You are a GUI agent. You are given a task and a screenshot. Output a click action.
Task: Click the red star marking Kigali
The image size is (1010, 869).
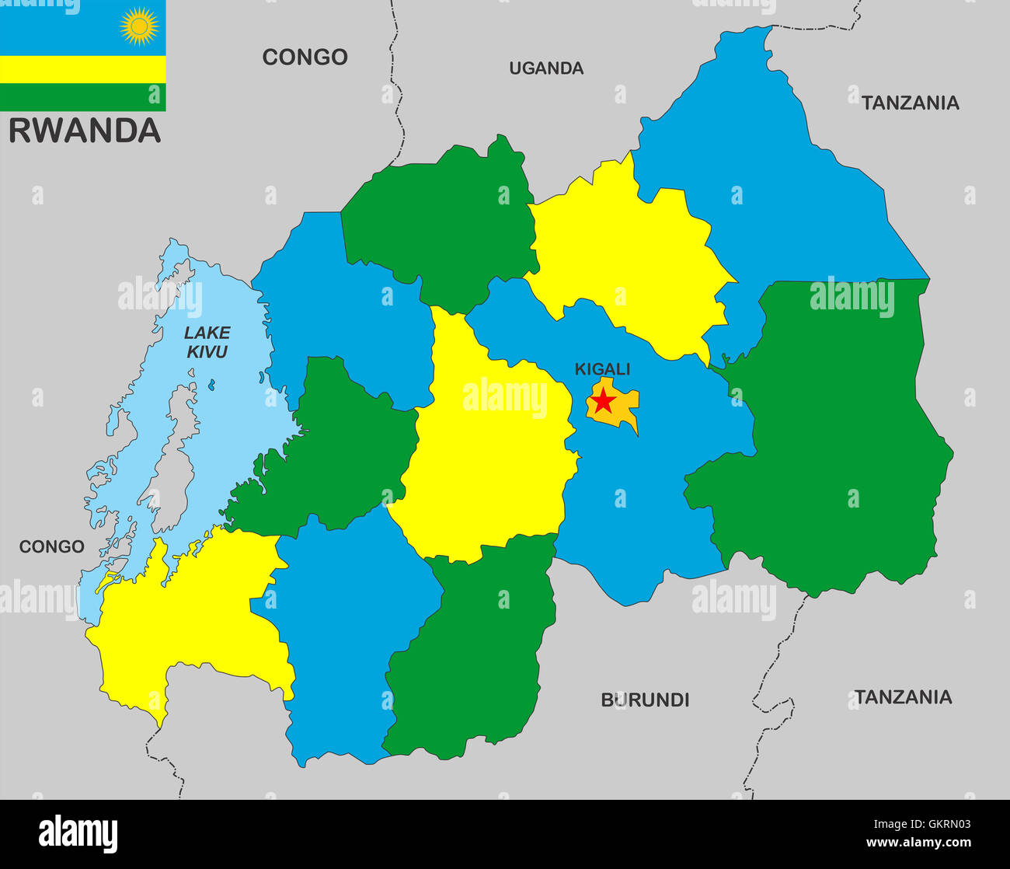point(603,401)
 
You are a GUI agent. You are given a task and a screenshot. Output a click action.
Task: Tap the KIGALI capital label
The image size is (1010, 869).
point(602,369)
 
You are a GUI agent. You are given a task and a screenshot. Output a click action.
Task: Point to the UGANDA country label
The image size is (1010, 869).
point(546,68)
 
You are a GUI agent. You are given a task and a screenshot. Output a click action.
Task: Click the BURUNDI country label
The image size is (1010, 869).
point(645,700)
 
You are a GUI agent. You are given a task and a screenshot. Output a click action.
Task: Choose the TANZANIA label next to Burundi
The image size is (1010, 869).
point(903,696)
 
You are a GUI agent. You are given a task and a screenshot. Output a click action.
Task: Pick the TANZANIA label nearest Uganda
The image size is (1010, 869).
point(910,103)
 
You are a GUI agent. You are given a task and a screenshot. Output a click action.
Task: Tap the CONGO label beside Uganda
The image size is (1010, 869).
point(305,57)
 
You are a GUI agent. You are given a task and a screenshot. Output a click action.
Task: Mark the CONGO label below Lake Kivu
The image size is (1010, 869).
point(51,546)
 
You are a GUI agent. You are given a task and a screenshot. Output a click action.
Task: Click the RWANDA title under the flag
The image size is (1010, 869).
point(85,131)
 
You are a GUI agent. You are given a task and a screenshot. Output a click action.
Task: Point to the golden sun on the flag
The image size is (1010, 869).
point(139,26)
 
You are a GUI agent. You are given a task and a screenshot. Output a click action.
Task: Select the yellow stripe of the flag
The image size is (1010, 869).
point(82,69)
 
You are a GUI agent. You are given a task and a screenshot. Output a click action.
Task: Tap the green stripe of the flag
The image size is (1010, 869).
point(82,96)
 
